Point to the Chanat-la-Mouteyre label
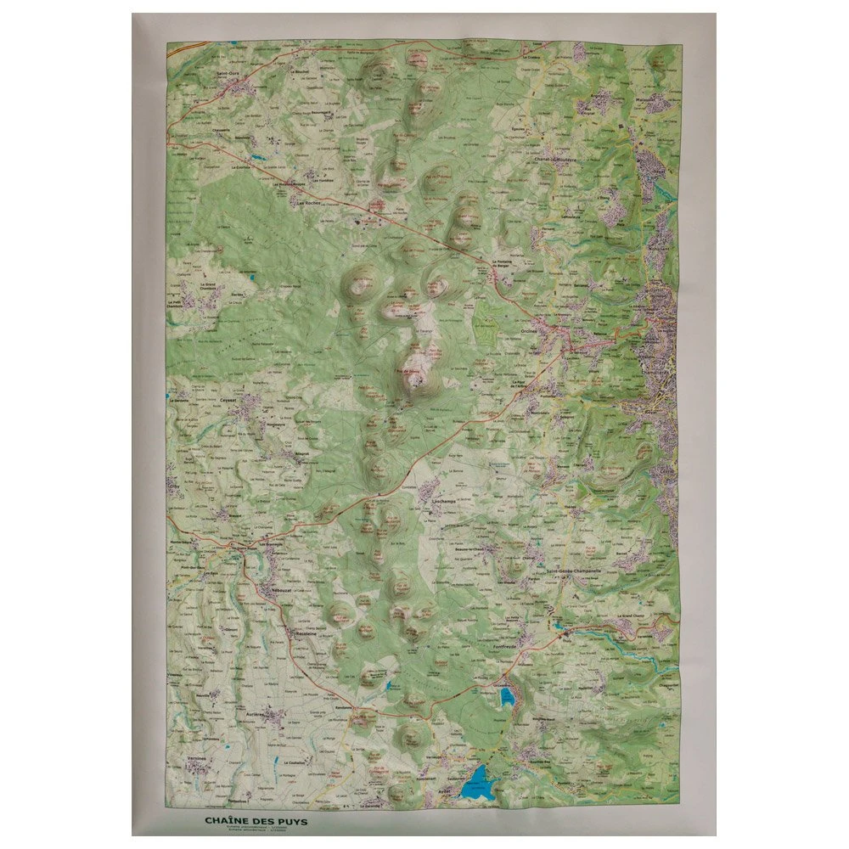[x=555, y=159]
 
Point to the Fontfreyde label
[x=508, y=646]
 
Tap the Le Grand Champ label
[x=627, y=615]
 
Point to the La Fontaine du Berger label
[x=507, y=265]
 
